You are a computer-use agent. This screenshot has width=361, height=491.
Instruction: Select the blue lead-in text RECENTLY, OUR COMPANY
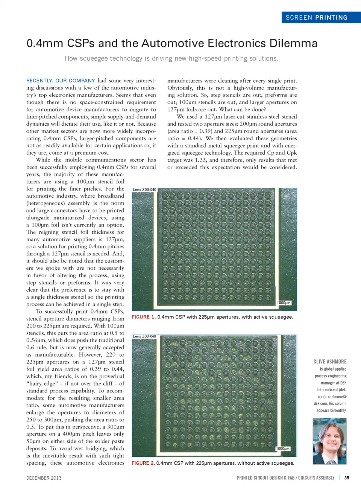[x=61, y=81]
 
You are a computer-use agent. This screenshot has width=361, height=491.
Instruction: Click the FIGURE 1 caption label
[x=143, y=317]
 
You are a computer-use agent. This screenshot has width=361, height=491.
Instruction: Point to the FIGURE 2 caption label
[x=143, y=463]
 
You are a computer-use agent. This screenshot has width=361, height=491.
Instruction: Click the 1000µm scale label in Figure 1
[x=284, y=303]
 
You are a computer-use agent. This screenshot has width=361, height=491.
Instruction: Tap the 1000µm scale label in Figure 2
[x=282, y=448]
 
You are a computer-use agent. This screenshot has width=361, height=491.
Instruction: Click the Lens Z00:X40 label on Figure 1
[x=144, y=190]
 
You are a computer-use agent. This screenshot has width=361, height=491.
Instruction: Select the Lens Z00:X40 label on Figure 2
[x=144, y=336]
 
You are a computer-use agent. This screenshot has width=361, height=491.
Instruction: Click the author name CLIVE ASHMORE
[x=330, y=362]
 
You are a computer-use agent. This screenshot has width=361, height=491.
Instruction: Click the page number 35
[x=346, y=478]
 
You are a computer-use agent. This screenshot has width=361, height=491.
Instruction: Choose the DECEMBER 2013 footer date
[x=44, y=478]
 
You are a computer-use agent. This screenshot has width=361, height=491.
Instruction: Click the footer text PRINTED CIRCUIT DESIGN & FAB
[x=265, y=478]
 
